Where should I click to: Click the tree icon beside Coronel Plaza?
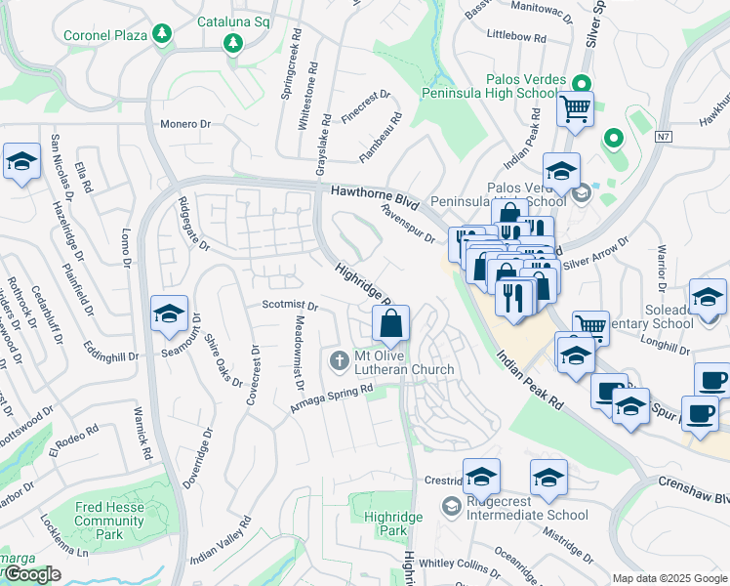162,35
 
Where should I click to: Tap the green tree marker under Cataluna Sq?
232,42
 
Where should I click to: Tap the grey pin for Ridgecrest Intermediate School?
451,506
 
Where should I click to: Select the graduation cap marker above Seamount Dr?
169,314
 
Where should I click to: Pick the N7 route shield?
665,136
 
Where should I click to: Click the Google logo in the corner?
31,574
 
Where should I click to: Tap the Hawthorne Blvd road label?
374,197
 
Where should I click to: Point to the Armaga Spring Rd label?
332,399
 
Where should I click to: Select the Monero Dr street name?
185,124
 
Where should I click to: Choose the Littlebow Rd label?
515,36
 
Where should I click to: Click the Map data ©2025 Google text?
669,578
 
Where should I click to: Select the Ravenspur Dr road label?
407,224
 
